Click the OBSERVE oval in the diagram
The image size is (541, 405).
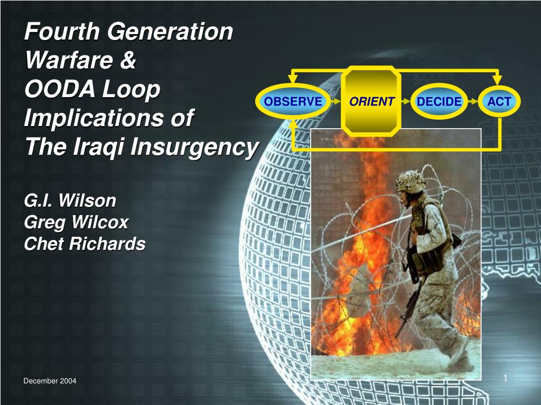pyautogui.click(x=293, y=101)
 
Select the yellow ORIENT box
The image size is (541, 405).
pyautogui.click(x=371, y=101)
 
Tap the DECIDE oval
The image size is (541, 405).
pyautogui.click(x=439, y=101)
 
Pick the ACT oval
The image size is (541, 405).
pyautogui.click(x=499, y=101)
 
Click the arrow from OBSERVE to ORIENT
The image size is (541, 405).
pyautogui.click(x=335, y=101)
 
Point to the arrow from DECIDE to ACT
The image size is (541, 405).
pyautogui.click(x=473, y=101)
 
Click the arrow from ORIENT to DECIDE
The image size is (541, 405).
pyautogui.click(x=406, y=101)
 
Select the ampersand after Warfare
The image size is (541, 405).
pyautogui.click(x=128, y=60)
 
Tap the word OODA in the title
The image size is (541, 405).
pyautogui.click(x=60, y=89)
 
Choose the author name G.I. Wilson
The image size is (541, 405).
pyautogui.click(x=70, y=200)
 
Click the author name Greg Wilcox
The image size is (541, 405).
pyautogui.click(x=76, y=222)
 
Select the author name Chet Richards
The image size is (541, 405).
pyautogui.click(x=85, y=244)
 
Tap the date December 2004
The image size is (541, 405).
pyautogui.click(x=50, y=381)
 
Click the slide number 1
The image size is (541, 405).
pyautogui.click(x=505, y=379)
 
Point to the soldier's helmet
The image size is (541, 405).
pyautogui.click(x=411, y=181)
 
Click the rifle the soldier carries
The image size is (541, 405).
pyautogui.click(x=409, y=303)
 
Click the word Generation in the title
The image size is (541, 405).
pyautogui.click(x=170, y=31)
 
